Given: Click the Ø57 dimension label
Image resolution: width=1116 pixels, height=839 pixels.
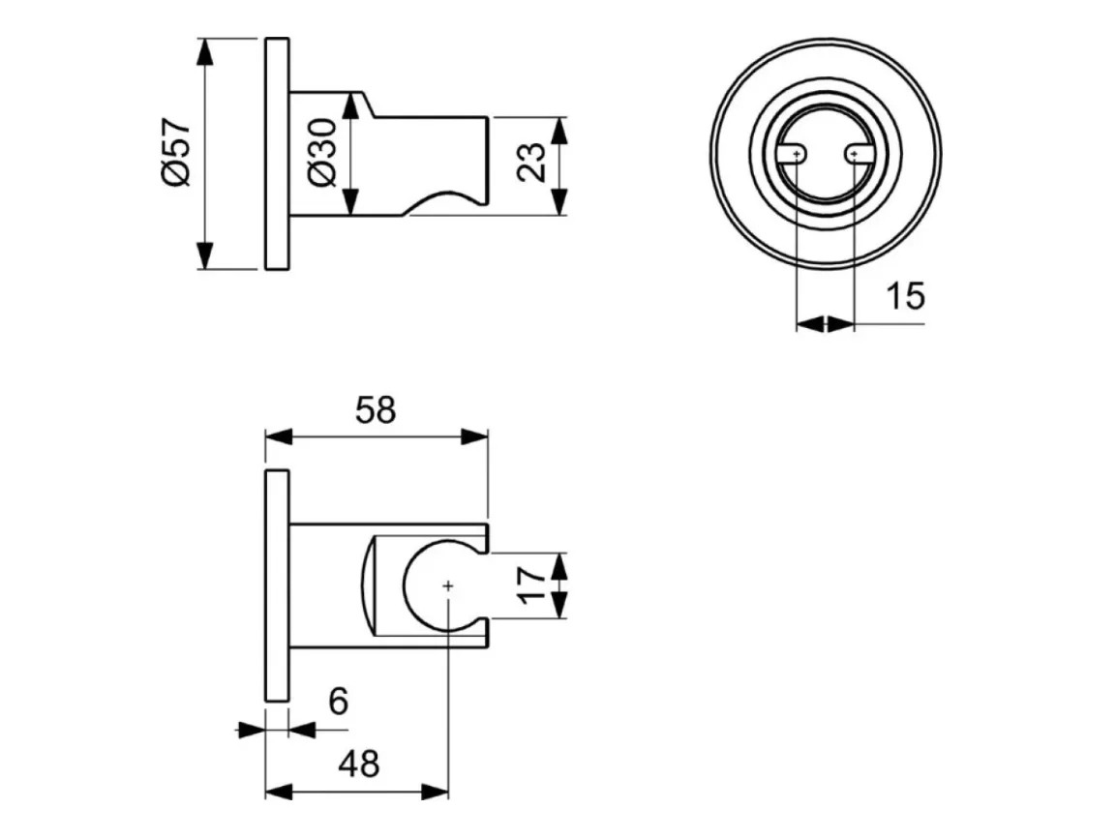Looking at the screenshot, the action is coord(176,153).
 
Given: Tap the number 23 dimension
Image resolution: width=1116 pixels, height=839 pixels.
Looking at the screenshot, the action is coord(531,163).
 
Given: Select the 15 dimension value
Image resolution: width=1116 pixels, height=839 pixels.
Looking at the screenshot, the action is coord(905,295).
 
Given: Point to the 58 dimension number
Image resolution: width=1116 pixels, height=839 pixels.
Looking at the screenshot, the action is coord(376,410).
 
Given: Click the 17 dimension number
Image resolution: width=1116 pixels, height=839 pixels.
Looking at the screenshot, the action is coord(531,584).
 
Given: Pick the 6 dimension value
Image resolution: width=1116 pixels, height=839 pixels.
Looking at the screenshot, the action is coord(339,702).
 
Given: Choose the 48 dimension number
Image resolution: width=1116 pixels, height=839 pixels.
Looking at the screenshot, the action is coord(359,764).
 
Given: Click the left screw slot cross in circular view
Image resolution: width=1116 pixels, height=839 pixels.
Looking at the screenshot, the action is coord(797,154).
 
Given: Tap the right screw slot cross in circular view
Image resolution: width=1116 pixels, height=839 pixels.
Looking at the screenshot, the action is coord(854,154).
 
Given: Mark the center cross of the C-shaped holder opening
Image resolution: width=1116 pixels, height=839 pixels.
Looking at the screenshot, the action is coord(448,585).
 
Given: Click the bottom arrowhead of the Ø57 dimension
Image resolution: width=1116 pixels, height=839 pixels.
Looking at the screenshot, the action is coord(205,255).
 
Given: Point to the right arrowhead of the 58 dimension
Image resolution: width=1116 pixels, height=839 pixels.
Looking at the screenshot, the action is coord(474,436).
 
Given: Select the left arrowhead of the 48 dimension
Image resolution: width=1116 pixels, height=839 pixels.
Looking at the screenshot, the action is coord(279,791).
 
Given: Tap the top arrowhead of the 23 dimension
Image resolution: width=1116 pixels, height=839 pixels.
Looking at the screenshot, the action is coord(560,131).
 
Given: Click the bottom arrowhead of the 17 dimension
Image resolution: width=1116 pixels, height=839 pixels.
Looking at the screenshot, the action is coord(560,605).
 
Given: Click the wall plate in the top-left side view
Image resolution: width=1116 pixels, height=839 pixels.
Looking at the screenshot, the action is coord(277,154).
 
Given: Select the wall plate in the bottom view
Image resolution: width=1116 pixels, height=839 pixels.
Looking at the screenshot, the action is coord(277,585).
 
